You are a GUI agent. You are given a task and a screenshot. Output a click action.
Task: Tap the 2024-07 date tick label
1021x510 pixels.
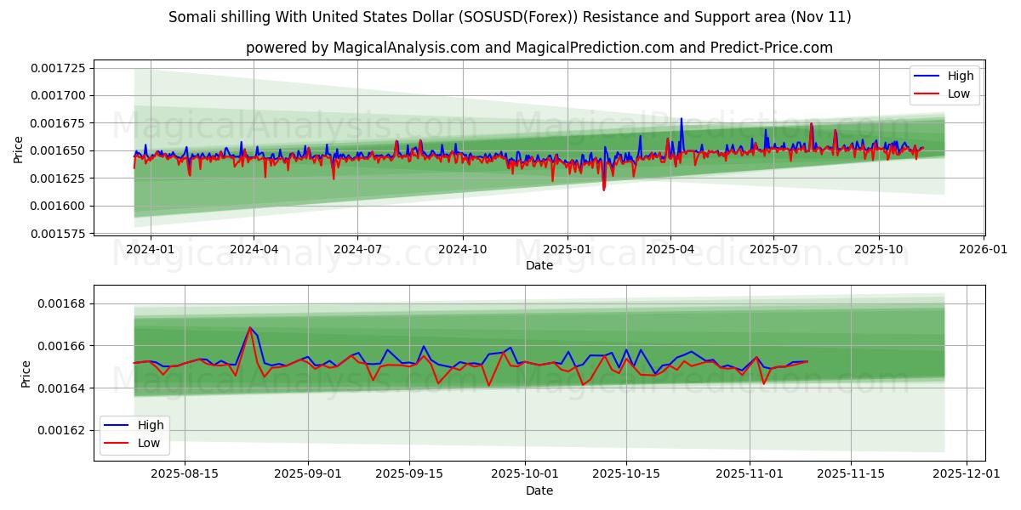pos(356,250)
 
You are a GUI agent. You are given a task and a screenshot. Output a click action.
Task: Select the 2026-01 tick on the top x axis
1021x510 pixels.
pos(984,250)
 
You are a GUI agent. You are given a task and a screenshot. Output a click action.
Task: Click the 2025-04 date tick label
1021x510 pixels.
pos(670,250)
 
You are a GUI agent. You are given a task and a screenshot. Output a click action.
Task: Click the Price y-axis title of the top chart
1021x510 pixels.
pos(19,149)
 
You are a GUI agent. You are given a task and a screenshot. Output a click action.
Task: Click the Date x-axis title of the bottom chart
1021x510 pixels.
pos(539,490)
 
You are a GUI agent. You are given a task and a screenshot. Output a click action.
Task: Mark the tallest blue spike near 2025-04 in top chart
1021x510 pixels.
pos(681,119)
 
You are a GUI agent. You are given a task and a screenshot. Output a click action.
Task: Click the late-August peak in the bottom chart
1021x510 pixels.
pos(250,327)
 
